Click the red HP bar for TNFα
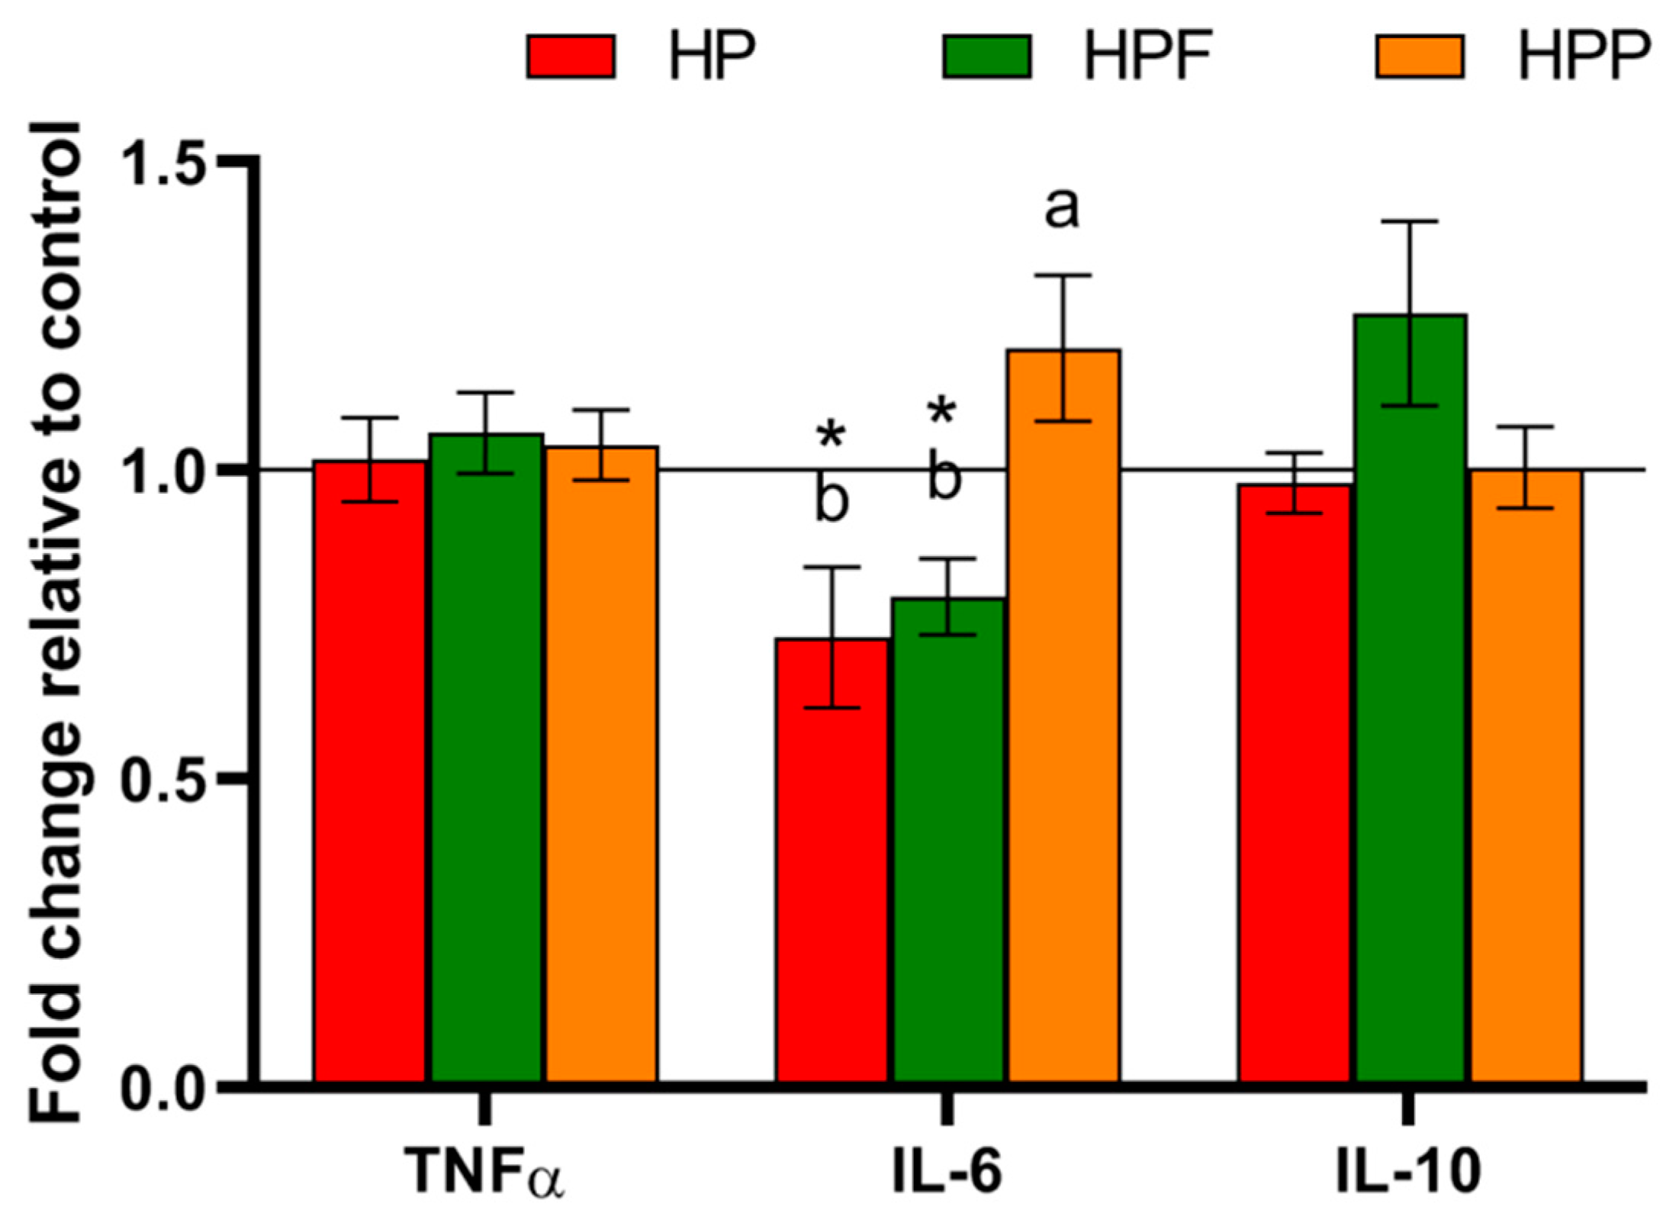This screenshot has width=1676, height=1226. pyautogui.click(x=370, y=771)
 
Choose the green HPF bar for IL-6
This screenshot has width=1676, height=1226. pyautogui.click(x=948, y=839)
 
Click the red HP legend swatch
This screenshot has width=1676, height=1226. pyautogui.click(x=571, y=56)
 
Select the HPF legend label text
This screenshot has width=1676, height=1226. pyautogui.click(x=1148, y=56)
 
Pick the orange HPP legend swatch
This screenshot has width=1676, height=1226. pyautogui.click(x=1420, y=56)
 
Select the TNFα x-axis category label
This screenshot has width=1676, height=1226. pyautogui.click(x=484, y=1172)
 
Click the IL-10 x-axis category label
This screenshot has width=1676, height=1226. pyautogui.click(x=1408, y=1170)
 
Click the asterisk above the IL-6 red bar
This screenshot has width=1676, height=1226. pyautogui.click(x=831, y=436)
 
